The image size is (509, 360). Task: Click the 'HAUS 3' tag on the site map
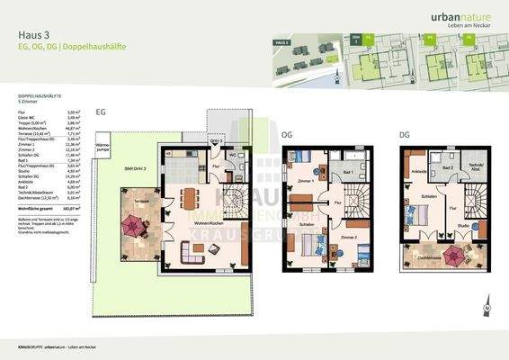click(282, 43)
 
